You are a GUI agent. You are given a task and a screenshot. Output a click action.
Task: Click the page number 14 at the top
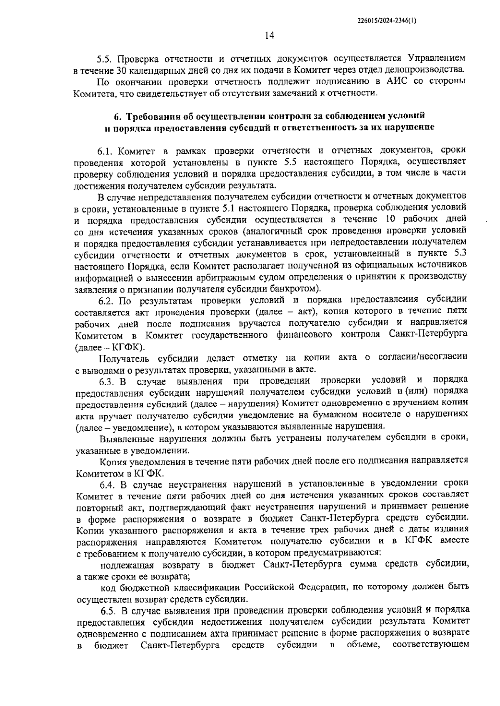270,36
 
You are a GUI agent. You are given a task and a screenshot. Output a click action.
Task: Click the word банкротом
297,288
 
